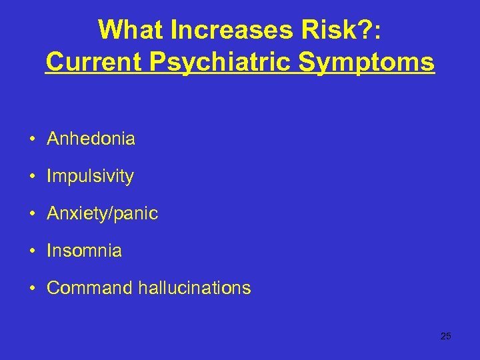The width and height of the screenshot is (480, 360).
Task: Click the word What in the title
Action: click(129, 29)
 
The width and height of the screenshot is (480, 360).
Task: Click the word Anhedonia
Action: click(91, 139)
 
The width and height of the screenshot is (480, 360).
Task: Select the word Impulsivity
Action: click(90, 176)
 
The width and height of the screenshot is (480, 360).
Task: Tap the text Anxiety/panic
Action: click(102, 213)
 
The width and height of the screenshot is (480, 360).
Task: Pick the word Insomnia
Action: click(84, 251)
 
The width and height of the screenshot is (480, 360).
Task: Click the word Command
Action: click(90, 288)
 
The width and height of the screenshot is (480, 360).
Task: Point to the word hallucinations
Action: click(195, 288)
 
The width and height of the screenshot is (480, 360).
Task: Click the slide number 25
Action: click(446, 336)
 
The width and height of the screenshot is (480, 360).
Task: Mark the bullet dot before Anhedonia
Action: click(32, 139)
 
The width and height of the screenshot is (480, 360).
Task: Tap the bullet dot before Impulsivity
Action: click(32, 177)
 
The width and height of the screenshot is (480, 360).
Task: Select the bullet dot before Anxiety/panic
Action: click(32, 214)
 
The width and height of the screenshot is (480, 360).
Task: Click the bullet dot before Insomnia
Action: click(32, 251)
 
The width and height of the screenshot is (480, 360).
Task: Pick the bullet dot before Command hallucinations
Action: click(32, 289)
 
